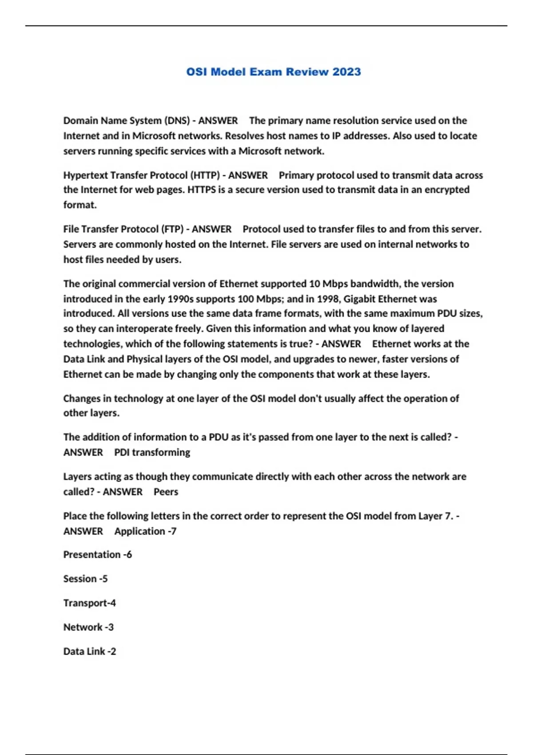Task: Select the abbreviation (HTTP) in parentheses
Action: (x=205, y=175)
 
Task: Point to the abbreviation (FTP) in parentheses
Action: (x=172, y=229)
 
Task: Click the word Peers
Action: (x=166, y=492)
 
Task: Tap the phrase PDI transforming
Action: (x=152, y=453)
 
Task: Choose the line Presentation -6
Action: (x=97, y=555)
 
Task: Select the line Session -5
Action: (x=85, y=579)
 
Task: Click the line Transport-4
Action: (x=89, y=603)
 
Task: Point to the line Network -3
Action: (x=88, y=628)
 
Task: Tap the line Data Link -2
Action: (x=89, y=652)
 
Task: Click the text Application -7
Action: (x=145, y=532)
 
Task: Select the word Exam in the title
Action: (x=266, y=72)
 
